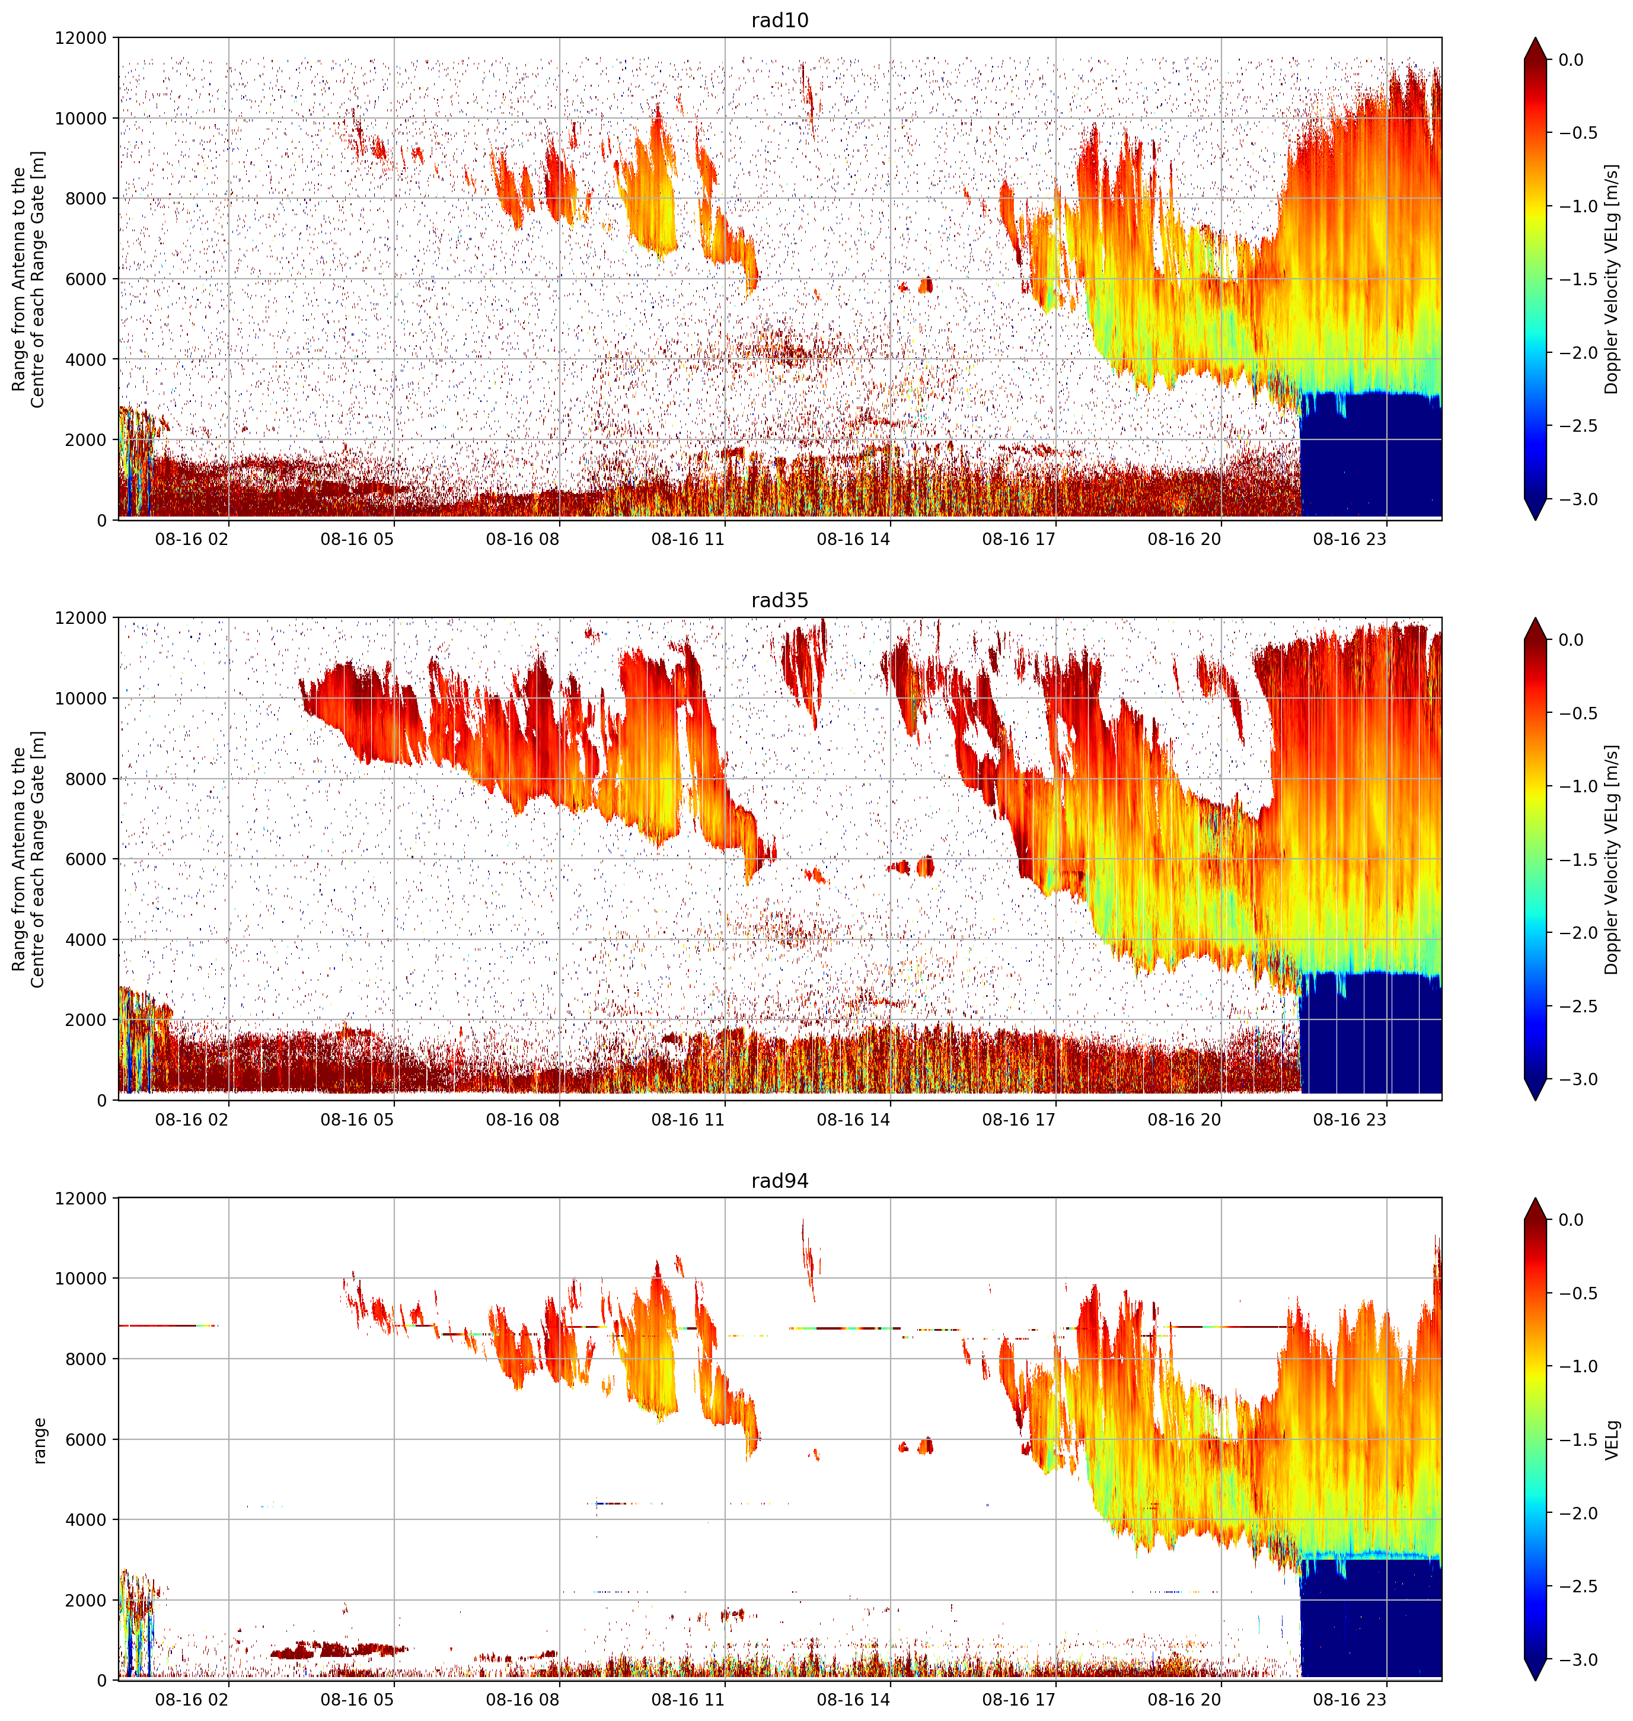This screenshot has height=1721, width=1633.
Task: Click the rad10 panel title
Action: [779, 20]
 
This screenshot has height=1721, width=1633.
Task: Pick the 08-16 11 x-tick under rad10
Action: [688, 539]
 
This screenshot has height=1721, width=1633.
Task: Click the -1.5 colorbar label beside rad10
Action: [1577, 279]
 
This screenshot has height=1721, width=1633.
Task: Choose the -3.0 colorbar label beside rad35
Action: [1577, 1079]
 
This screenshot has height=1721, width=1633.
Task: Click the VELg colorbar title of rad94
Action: [1612, 1440]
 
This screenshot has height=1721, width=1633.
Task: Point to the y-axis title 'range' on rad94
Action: [39, 1440]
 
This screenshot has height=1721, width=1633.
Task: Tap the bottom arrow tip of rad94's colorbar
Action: [1536, 1680]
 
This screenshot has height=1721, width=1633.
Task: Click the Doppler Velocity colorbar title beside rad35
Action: [1612, 859]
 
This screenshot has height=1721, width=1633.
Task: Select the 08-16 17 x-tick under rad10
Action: [1019, 539]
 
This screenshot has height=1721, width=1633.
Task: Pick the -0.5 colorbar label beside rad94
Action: [1577, 1293]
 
